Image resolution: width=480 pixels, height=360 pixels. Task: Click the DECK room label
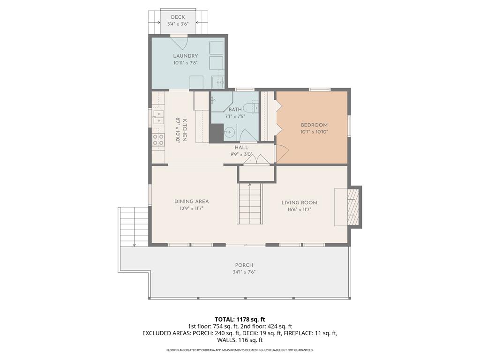click(178, 17)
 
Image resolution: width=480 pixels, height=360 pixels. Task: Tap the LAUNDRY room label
click(186, 56)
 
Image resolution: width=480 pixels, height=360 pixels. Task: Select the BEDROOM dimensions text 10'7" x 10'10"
click(314, 132)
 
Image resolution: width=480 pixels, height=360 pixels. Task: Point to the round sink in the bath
click(229, 132)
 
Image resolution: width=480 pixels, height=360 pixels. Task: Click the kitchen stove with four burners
click(158, 140)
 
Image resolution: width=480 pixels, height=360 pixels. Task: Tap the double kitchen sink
click(158, 118)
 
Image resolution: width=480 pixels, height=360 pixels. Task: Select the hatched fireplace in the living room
click(352, 207)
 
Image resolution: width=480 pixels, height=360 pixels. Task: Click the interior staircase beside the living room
click(250, 203)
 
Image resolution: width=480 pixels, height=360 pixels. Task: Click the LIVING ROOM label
click(300, 202)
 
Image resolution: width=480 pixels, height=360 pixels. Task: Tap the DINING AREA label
click(192, 202)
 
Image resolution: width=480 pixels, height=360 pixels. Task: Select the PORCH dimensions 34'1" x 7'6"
click(244, 272)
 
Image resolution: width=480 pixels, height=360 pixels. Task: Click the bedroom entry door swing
click(282, 154)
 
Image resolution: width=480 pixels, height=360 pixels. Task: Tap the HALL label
click(241, 148)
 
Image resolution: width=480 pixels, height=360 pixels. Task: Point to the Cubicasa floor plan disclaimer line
click(240, 350)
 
